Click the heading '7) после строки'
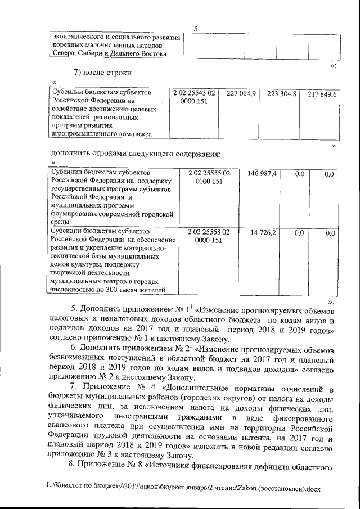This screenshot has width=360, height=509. [105, 73]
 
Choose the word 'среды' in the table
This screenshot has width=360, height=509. [60, 222]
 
